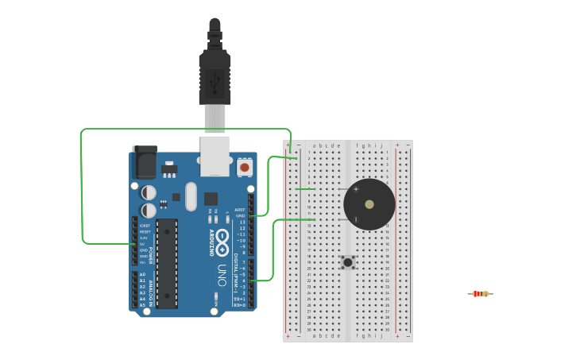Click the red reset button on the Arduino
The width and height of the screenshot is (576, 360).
(245, 168)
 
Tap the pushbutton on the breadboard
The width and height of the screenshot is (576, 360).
(348, 261)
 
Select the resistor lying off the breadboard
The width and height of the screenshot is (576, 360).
(479, 294)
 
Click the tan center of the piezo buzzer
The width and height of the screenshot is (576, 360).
(369, 204)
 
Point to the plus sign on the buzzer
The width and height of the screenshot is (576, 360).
(356, 189)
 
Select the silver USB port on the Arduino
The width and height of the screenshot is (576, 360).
(215, 155)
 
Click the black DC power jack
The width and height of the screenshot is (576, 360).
(145, 162)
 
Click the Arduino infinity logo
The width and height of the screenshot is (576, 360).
(222, 238)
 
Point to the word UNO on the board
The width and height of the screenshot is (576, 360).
(222, 274)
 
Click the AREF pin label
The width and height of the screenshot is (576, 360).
(240, 209)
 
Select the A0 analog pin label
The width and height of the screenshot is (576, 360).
(142, 274)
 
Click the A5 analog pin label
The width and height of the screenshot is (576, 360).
(142, 305)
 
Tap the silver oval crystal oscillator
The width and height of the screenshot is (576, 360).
(191, 196)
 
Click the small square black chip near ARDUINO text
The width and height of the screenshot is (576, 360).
(211, 199)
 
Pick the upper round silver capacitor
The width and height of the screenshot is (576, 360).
(149, 192)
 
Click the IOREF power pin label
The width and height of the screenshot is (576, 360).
(144, 226)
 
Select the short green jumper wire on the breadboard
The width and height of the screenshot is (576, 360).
(305, 189)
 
